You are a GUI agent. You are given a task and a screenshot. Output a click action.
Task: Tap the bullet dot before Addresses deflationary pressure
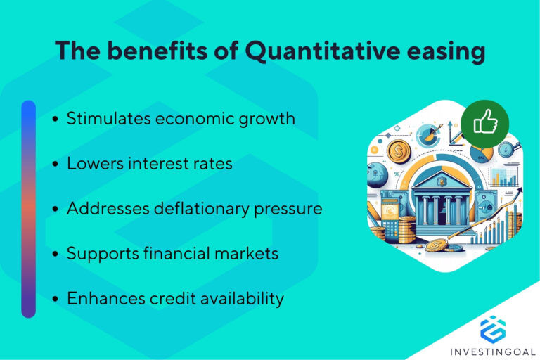pos(56,210)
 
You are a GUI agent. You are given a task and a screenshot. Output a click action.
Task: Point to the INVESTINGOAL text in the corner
pos(492,349)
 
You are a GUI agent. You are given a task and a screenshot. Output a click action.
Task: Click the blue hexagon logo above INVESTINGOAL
pos(492,328)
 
